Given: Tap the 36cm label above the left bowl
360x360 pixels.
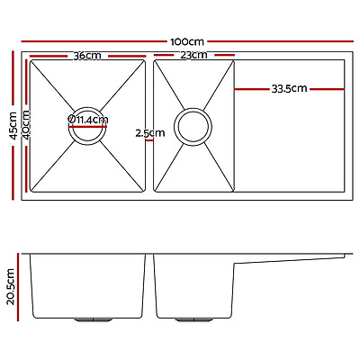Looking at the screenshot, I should (x=86, y=56).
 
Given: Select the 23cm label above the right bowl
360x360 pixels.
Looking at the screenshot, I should (x=194, y=56).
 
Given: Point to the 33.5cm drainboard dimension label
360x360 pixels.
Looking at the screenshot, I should (x=289, y=88).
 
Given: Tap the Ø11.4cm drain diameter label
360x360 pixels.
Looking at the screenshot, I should (x=88, y=119).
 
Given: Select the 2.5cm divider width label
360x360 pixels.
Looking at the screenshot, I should (x=149, y=133).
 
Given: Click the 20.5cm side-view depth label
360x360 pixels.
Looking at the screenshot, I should (x=11, y=287).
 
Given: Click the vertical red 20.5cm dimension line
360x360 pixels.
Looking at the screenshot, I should (x=21, y=287).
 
